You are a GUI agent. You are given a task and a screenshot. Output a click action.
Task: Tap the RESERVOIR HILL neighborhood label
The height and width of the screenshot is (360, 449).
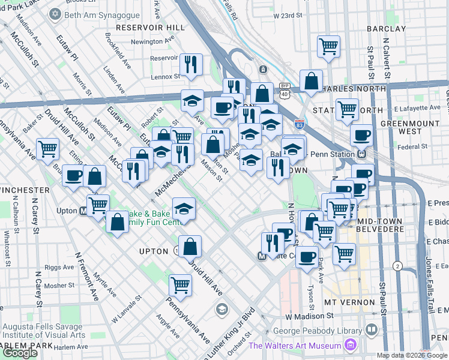(150, 28)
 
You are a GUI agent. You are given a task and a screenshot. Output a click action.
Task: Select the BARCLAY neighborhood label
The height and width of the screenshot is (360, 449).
(382, 29)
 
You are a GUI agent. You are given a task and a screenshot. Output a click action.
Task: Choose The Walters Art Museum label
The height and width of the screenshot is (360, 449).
(295, 346)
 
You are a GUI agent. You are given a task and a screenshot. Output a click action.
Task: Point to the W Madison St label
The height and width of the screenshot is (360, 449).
(309, 316)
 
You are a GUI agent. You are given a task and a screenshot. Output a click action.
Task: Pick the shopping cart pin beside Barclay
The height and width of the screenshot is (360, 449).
(328, 46)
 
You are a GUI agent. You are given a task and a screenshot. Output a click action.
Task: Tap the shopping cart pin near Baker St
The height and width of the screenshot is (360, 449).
(47, 149)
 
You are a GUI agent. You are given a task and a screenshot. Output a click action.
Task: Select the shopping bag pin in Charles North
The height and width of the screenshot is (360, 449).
(311, 81)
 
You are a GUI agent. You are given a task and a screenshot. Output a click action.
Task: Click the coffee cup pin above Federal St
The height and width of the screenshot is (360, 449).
(362, 136)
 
